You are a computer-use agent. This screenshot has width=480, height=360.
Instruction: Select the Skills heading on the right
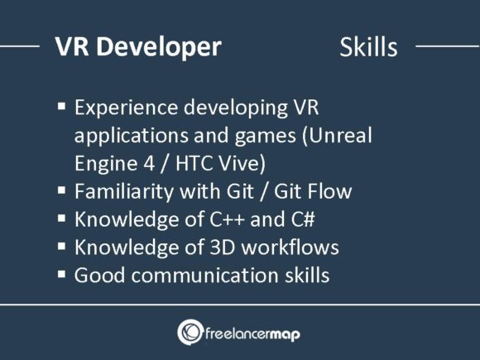(x=368, y=47)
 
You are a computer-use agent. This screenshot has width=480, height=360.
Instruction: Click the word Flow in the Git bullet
(x=329, y=192)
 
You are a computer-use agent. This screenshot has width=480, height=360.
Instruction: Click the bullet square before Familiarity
(x=62, y=191)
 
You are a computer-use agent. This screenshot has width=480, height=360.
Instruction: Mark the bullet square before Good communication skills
(x=62, y=274)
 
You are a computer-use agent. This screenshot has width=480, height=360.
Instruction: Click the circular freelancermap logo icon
(x=190, y=333)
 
